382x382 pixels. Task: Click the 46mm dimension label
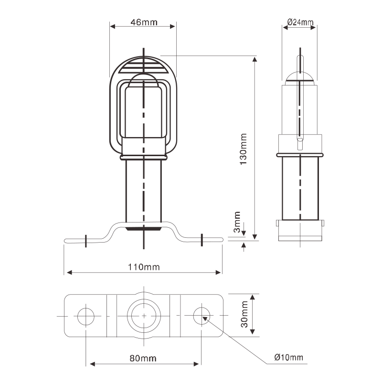pyautogui.click(x=144, y=22)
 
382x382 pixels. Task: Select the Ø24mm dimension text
pyautogui.click(x=300, y=22)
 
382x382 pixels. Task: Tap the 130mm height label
pyautogui.click(x=243, y=149)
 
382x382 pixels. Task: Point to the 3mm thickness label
pyautogui.click(x=237, y=222)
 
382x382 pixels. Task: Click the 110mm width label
pyautogui.click(x=144, y=267)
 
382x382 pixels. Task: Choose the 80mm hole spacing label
pyautogui.click(x=143, y=358)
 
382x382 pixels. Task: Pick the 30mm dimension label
pyautogui.click(x=244, y=314)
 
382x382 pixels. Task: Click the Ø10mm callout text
pyautogui.click(x=289, y=357)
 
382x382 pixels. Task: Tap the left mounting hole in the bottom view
pyautogui.click(x=86, y=316)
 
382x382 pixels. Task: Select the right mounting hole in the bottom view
pyautogui.click(x=202, y=316)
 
